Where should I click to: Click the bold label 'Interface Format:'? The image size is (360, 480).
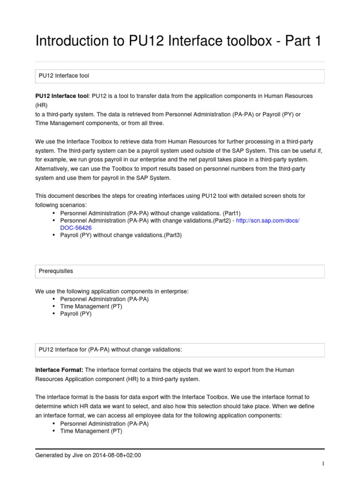coord(59,370)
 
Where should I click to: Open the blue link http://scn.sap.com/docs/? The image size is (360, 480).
coord(268,220)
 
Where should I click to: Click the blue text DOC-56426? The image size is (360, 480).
coord(76,228)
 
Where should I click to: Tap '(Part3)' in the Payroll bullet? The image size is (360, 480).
coord(171,235)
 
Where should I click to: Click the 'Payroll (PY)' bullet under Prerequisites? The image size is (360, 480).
coord(76,314)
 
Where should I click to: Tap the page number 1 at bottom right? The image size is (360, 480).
coord(323,464)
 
